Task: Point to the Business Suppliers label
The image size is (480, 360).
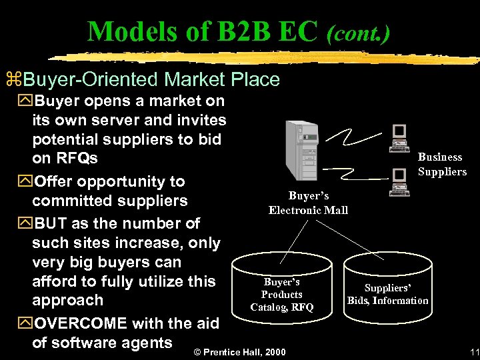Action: [x=441, y=164]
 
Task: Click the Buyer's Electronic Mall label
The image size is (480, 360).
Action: [x=308, y=203]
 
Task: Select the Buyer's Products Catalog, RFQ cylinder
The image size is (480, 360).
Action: [x=281, y=294]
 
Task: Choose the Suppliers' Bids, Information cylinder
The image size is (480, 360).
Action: [x=387, y=294]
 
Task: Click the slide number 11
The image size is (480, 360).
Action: [x=474, y=352]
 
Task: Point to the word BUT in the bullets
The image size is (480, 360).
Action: [x=53, y=223]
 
